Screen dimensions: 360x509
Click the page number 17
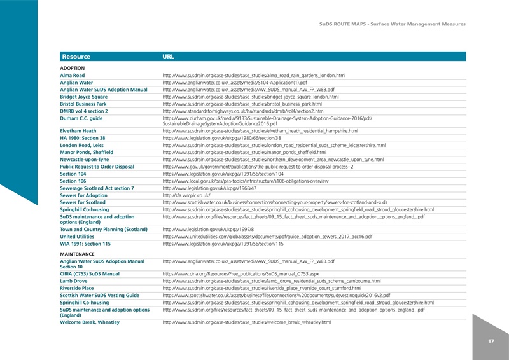tap(491, 342)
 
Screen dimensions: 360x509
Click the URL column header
tap(169, 57)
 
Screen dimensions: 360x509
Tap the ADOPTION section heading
tap(72, 67)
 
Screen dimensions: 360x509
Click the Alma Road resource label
tap(72, 75)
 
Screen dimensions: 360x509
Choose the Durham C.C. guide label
tap(81, 118)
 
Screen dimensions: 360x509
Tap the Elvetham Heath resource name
tap(78, 130)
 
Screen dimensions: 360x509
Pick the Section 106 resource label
tap(73, 181)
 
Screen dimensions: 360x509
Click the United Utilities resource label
tap(77, 237)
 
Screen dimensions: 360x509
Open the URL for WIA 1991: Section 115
tap(223, 244)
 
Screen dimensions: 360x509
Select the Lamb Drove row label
tap(74, 281)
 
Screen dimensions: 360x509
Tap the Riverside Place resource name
tap(77, 288)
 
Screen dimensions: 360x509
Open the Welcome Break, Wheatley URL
tap(247, 322)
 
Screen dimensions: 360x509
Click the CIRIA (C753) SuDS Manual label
tap(89, 274)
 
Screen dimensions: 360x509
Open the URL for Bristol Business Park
tap(242, 104)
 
